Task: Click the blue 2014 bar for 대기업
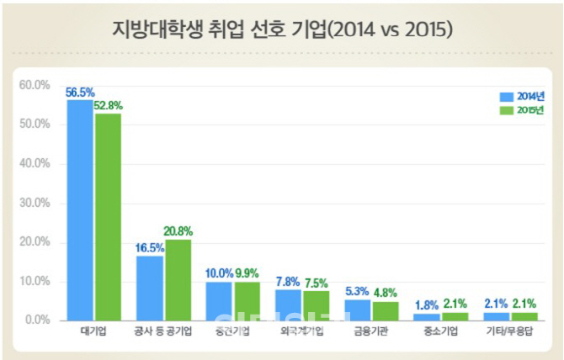pyautogui.click(x=81, y=210)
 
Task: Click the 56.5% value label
pyautogui.click(x=80, y=93)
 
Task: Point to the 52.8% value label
pyautogui.click(x=109, y=106)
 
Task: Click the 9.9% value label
pyautogui.click(x=247, y=274)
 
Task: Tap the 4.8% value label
pyautogui.click(x=386, y=293)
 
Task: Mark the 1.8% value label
pyautogui.click(x=427, y=304)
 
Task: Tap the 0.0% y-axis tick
pyautogui.click(x=38, y=320)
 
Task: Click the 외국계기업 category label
pyautogui.click(x=302, y=332)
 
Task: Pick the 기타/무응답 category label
pyautogui.click(x=509, y=332)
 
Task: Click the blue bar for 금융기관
pyautogui.click(x=358, y=310)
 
